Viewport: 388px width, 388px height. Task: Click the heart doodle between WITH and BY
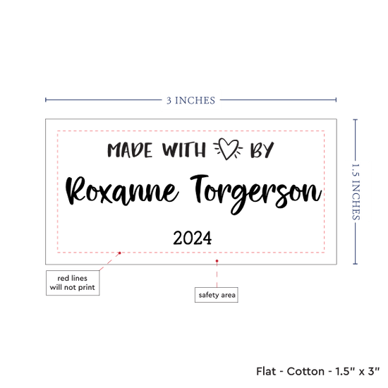coord(228,149)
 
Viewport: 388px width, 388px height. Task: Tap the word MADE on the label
coord(130,150)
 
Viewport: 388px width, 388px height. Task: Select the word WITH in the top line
coord(184,150)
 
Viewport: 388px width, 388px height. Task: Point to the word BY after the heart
coord(262,150)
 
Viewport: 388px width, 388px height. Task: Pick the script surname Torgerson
coord(256,194)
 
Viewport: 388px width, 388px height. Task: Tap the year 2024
coord(193,238)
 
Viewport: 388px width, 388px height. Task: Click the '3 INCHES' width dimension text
coord(190,100)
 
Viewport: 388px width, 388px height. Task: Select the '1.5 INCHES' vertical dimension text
coord(356,192)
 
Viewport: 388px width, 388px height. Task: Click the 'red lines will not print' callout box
coord(73,283)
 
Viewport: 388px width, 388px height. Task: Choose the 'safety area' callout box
coord(217,295)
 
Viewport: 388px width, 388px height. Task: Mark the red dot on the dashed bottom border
coord(119,253)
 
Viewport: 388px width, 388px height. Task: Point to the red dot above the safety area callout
coord(217,261)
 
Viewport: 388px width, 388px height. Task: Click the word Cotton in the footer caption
coord(305,371)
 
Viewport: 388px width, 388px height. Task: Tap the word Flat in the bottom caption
coord(266,371)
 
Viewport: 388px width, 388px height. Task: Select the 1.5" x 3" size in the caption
coord(358,371)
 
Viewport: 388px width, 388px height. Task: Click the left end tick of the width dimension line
coord(46,99)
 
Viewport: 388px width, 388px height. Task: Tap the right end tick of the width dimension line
coord(336,99)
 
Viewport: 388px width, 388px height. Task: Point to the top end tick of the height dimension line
coord(356,120)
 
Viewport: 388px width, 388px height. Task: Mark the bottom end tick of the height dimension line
coord(356,264)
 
